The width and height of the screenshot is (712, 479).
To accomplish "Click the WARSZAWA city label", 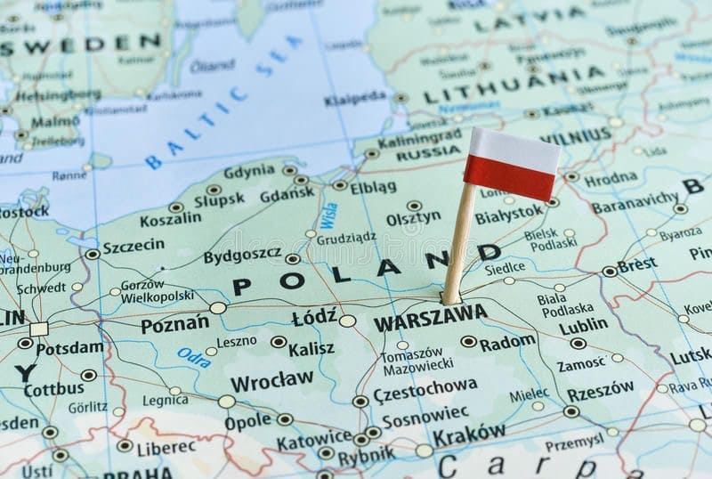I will click(430, 316).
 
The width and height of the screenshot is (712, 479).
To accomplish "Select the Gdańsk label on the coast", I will click(287, 192).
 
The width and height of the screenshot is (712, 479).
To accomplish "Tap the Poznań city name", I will click(174, 325).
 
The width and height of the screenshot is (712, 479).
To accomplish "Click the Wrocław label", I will click(271, 381).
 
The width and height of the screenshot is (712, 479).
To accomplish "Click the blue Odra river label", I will click(193, 357).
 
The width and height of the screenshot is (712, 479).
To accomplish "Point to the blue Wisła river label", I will click(328, 215).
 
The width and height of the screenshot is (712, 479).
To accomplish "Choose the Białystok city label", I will click(508, 215).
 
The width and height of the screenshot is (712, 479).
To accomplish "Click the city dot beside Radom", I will click(469, 341).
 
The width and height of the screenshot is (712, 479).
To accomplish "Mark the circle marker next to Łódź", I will click(347, 321).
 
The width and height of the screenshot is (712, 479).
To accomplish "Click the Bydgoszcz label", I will click(242, 256).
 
